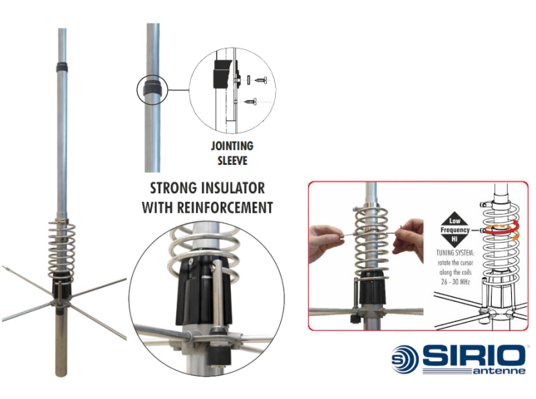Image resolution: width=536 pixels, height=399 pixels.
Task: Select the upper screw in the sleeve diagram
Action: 254,80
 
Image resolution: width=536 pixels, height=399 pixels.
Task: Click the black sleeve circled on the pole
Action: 152,89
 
